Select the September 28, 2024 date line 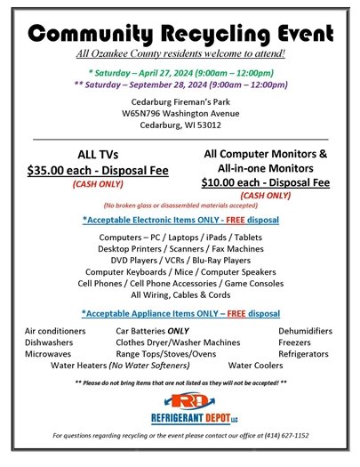[x=180, y=85]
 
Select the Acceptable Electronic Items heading [x=180, y=220]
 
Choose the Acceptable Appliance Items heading [x=180, y=313]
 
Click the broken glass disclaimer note [x=180, y=205]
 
